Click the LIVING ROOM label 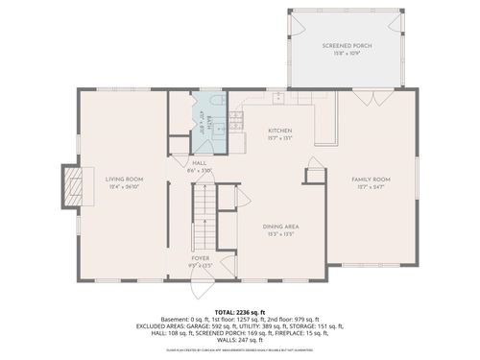click(x=124, y=180)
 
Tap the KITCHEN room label click(x=279, y=131)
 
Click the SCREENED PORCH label click(x=347, y=45)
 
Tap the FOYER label click(x=200, y=258)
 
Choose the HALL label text click(x=200, y=163)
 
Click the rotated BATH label click(x=206, y=123)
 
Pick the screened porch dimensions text click(x=347, y=53)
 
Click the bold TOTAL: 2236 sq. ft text click(x=240, y=313)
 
